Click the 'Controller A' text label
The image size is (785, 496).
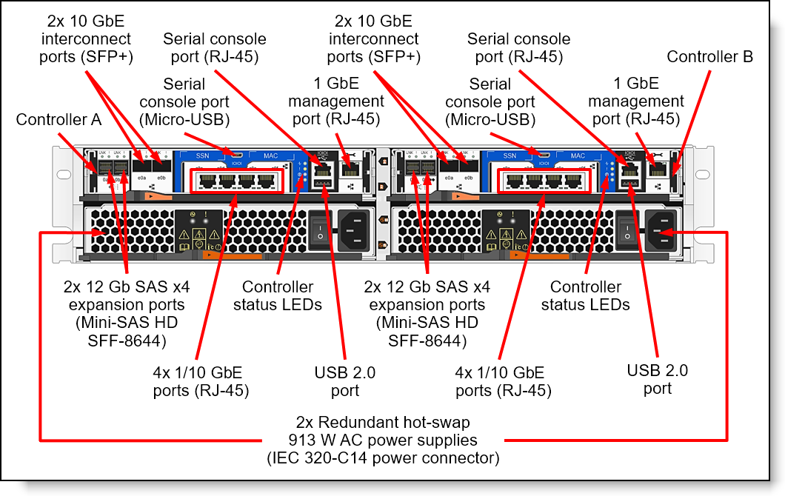(x=59, y=120)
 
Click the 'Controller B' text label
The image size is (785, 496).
(x=709, y=57)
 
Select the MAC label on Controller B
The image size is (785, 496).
(x=577, y=156)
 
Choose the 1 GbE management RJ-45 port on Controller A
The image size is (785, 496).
(x=349, y=167)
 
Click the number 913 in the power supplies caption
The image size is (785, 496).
(x=301, y=440)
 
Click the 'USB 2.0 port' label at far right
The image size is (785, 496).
(x=658, y=379)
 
